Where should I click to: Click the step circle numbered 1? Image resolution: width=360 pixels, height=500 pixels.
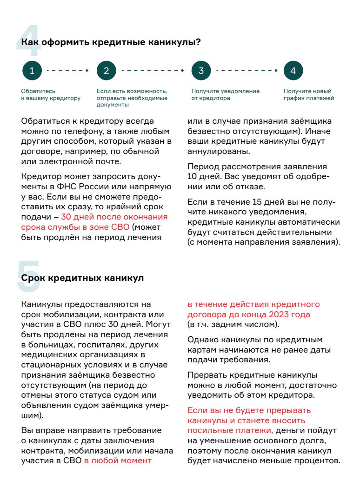pos(32,71)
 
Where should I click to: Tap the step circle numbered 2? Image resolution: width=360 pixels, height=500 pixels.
pos(106,71)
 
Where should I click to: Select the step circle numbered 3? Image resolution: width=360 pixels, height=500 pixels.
pos(201,71)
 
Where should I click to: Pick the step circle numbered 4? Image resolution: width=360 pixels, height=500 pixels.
pos(293,71)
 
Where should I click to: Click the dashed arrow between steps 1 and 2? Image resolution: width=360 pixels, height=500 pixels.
pos(68,71)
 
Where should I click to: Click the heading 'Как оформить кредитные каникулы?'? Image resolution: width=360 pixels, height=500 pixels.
pos(111,42)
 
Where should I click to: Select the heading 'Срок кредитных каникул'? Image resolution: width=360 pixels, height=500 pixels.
pos(82,278)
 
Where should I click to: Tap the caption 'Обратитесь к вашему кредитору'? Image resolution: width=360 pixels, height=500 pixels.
pos(51,95)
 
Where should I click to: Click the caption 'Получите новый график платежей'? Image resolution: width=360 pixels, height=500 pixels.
pos(309,95)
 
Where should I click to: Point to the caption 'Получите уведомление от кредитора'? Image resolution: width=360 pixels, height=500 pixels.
pos(226,95)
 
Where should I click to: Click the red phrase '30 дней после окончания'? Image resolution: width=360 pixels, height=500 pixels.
pos(114,217)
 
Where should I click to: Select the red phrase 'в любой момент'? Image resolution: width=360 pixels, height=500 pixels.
pos(118,461)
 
